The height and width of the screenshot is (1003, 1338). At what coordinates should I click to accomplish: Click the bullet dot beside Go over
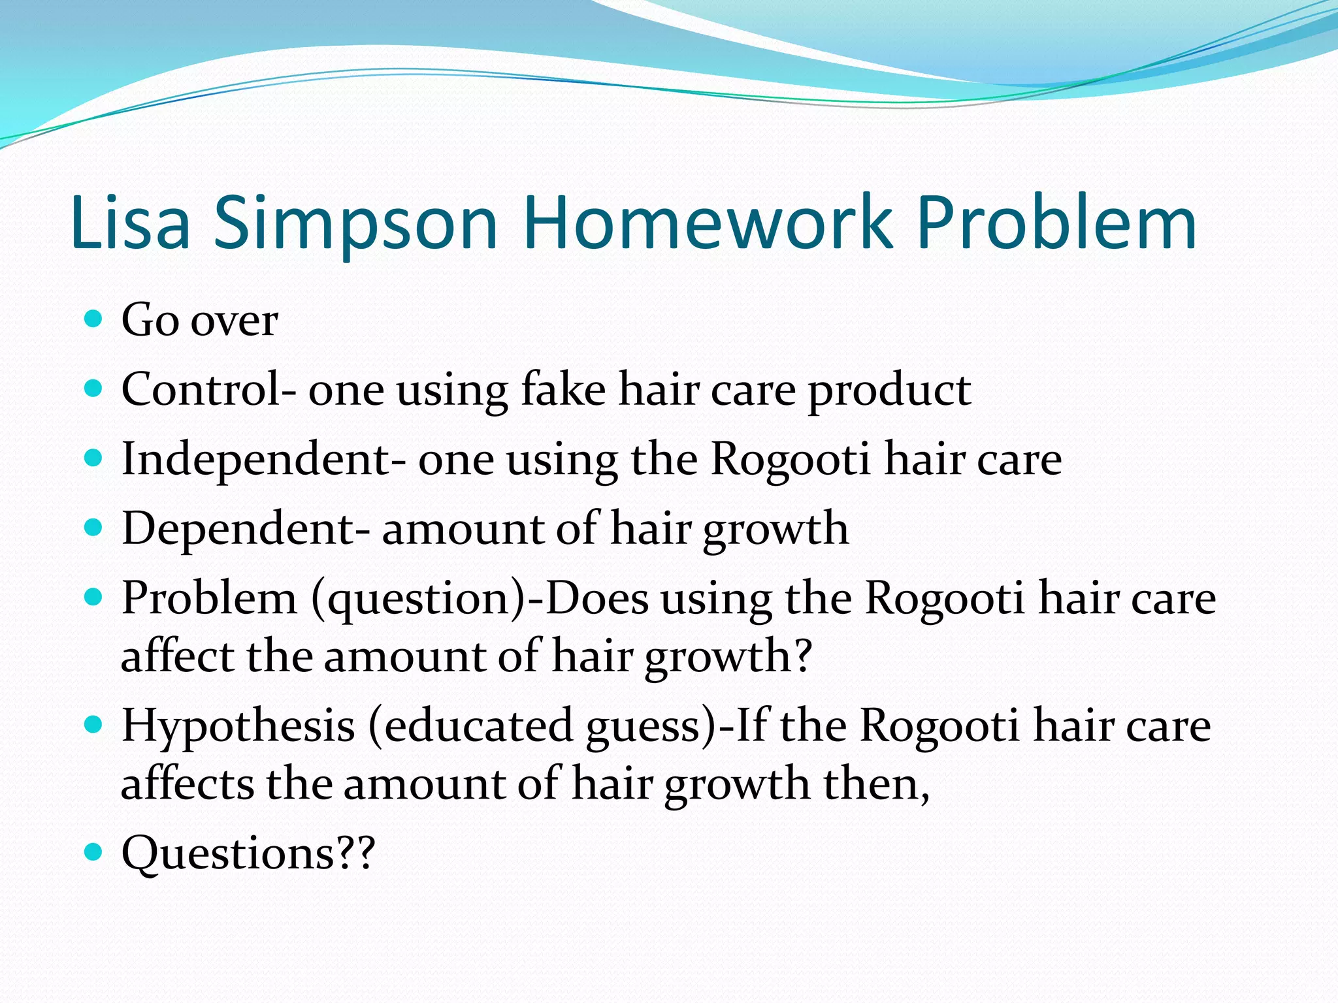click(94, 319)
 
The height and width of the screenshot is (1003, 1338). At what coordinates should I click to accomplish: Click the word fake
click(563, 390)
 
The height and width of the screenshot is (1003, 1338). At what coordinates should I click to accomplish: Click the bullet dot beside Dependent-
click(94, 527)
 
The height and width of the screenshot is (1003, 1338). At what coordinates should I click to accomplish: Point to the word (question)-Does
click(480, 599)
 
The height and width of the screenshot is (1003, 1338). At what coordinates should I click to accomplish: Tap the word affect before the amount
click(177, 656)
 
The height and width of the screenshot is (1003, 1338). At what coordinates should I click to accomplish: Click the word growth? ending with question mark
click(728, 657)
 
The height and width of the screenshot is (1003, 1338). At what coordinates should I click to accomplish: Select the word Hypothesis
click(238, 727)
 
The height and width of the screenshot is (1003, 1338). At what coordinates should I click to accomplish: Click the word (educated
click(470, 727)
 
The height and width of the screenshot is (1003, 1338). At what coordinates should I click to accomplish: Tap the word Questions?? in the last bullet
click(248, 854)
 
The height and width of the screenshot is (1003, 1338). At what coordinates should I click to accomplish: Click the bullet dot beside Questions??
click(94, 852)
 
